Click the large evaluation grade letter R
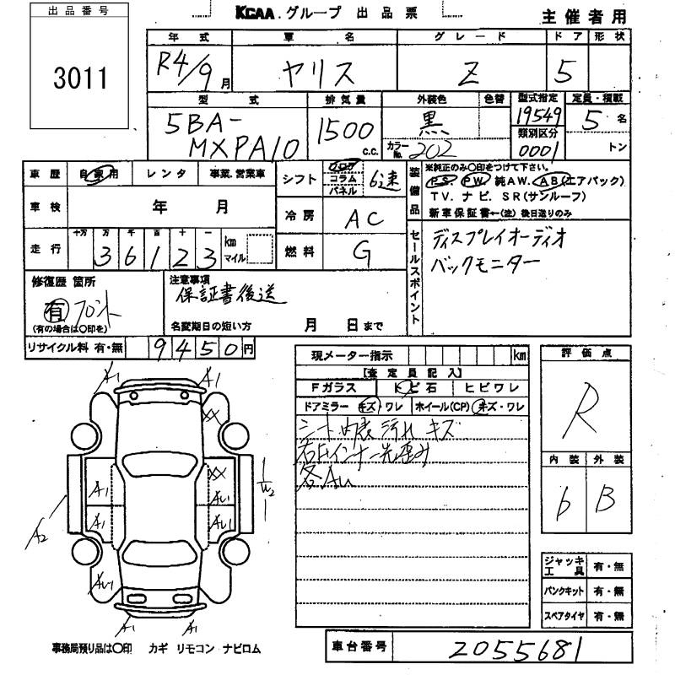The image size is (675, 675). [x=585, y=404]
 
